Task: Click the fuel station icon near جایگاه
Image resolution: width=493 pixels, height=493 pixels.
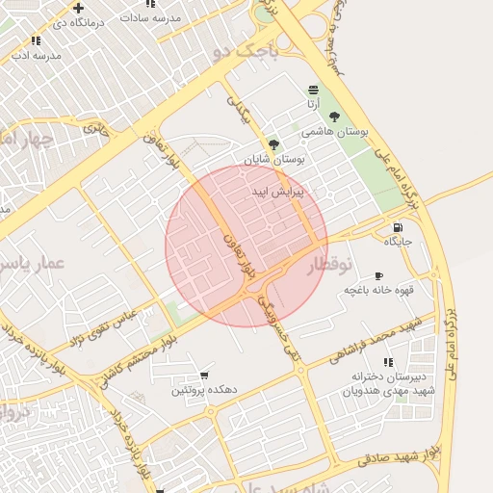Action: [397, 228]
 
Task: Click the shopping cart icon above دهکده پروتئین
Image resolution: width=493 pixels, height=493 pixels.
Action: [203, 376]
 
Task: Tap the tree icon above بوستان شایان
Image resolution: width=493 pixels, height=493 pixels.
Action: [274, 143]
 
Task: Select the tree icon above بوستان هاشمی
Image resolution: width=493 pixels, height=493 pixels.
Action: [334, 117]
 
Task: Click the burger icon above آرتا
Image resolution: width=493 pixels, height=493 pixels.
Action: [314, 90]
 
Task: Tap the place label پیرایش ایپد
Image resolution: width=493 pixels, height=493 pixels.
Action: [277, 193]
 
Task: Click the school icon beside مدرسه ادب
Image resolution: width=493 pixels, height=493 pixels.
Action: [36, 40]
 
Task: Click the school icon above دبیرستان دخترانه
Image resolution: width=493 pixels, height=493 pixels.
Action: [388, 362]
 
